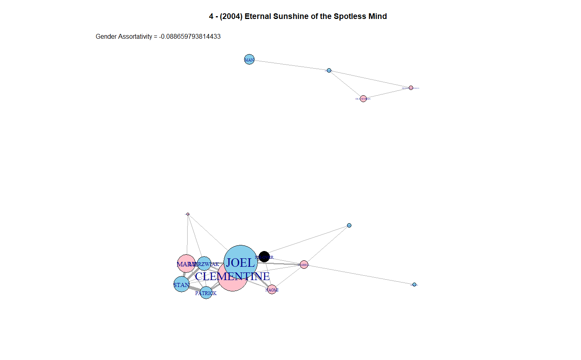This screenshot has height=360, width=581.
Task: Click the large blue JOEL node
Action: [x=240, y=262]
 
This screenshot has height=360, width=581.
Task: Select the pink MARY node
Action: [x=186, y=264]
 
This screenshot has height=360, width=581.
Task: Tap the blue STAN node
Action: [x=182, y=285]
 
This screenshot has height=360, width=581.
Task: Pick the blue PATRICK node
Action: [x=206, y=293]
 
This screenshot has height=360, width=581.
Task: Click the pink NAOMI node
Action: [x=272, y=289]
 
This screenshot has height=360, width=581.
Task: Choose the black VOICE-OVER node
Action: [x=264, y=257]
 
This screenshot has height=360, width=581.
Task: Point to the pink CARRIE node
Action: [x=304, y=265]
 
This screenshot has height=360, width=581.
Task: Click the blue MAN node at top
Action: [x=249, y=60]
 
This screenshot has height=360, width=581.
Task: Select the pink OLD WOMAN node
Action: [x=363, y=98]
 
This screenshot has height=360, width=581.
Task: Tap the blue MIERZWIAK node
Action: [x=204, y=264]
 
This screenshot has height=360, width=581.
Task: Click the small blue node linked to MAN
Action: [x=329, y=71]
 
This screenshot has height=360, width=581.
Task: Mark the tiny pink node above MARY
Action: [x=188, y=214]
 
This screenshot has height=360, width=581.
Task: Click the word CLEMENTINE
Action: [x=232, y=276]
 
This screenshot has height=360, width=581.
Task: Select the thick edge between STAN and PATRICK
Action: [x=194, y=289]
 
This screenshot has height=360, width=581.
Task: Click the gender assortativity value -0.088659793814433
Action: [x=190, y=36]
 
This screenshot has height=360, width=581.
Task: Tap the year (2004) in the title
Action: [x=231, y=16]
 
